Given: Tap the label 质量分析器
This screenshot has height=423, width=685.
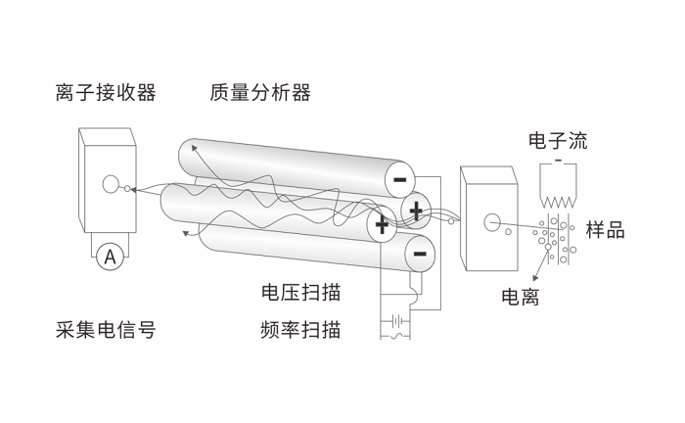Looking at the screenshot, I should (x=260, y=93).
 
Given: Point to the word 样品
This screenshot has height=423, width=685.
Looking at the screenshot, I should (x=605, y=230).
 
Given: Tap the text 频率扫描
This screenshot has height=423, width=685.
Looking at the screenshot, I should (x=301, y=329).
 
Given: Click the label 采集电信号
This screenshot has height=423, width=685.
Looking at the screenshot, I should (x=106, y=329).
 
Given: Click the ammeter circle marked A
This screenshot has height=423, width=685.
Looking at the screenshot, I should (x=110, y=258).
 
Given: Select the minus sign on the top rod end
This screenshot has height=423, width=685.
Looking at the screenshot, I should (x=399, y=179).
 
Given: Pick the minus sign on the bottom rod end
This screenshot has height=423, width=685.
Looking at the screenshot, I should (x=419, y=255).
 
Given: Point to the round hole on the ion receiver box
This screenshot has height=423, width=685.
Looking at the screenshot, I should (x=111, y=183).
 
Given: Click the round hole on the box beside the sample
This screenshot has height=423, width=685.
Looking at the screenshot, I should (x=492, y=222).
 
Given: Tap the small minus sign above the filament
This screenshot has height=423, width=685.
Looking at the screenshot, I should (x=558, y=160).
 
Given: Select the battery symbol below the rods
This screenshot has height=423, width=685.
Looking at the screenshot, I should (x=396, y=318).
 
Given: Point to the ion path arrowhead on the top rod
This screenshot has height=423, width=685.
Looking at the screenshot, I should (x=194, y=148).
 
